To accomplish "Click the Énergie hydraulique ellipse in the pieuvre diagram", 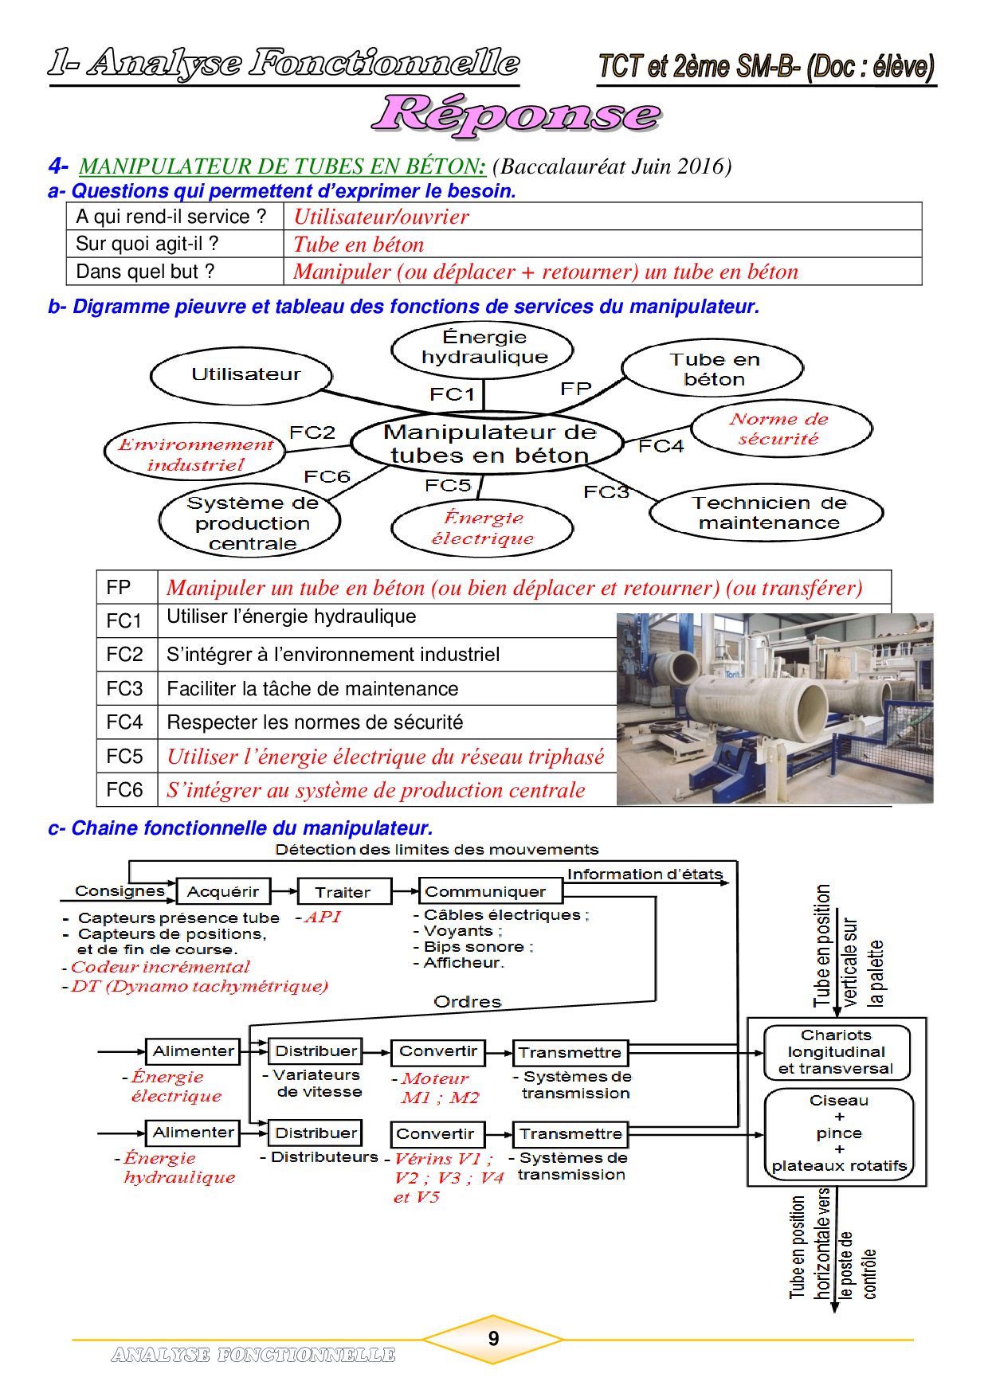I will point(482,348).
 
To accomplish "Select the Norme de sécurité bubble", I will point(781,429).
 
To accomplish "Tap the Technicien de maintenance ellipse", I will point(766,513).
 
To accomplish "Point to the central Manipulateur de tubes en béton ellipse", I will point(488,444).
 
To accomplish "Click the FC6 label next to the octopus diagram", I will point(327,476).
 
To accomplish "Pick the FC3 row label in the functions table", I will point(125,688).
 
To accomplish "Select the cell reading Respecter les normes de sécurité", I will point(315,722).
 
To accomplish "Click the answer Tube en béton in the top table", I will point(359,245).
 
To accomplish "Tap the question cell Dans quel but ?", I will point(145,272).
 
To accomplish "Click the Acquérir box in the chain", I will point(223,892).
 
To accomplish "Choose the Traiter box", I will point(343,892).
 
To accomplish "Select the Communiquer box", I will point(485,892).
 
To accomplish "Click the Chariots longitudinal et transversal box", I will point(836,1052).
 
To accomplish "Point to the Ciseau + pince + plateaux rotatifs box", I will point(838,1133).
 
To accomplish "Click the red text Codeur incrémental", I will point(160,967).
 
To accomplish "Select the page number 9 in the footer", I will point(493,1339).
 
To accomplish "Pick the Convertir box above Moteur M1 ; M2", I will point(438,1052).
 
